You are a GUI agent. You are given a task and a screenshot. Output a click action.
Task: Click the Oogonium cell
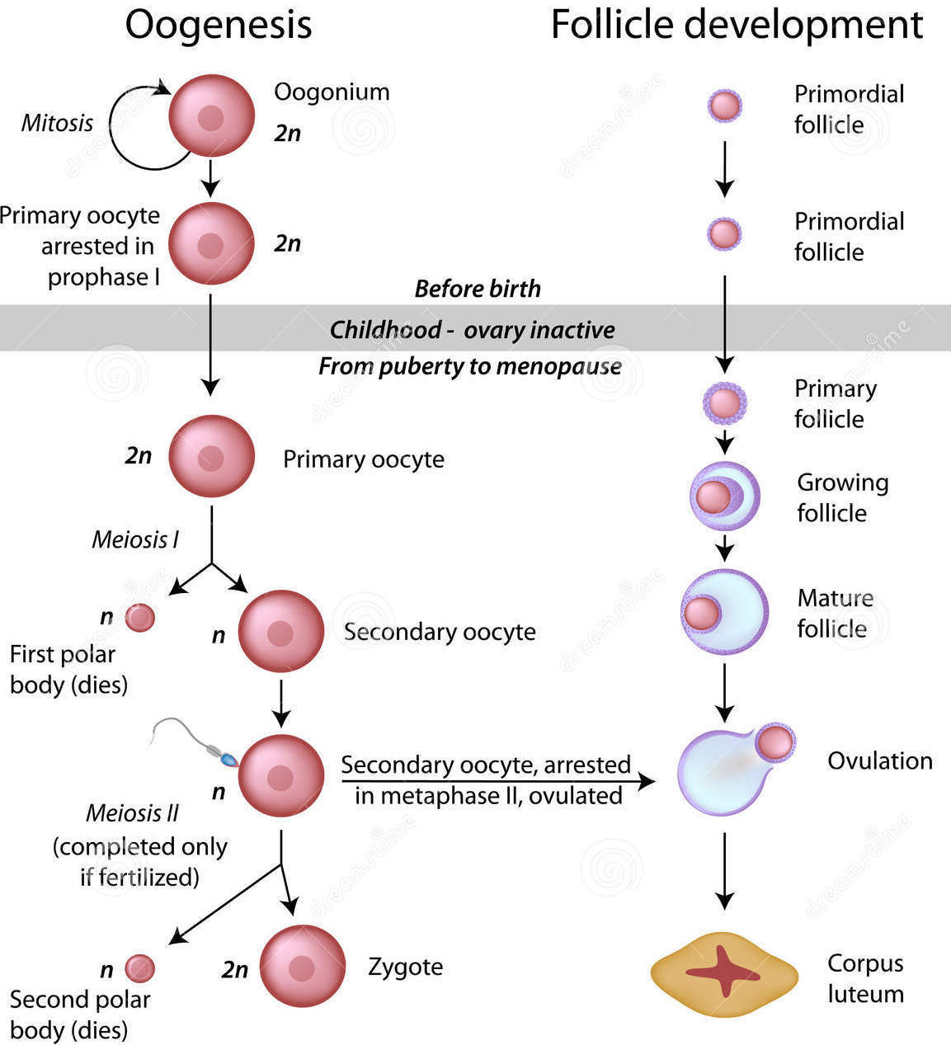point(211,116)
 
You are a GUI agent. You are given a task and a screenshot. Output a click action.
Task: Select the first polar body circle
point(139,617)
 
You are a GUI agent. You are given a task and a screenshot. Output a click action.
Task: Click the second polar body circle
point(139,969)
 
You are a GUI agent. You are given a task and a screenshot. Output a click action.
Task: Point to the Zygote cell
point(302,967)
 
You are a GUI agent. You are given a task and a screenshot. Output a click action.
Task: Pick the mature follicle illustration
point(723,612)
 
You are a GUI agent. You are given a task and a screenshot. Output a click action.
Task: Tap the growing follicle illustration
point(723,496)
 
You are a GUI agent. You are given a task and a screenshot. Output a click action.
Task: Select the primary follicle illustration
point(724,403)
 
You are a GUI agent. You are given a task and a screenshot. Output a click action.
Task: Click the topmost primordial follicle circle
point(725,106)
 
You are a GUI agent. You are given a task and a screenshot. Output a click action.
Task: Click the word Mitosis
point(57,123)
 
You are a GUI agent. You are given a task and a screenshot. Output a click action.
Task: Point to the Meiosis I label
point(134,539)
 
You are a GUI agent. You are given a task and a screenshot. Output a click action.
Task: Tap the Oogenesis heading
point(219,25)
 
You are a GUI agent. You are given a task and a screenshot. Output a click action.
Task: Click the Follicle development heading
point(736,25)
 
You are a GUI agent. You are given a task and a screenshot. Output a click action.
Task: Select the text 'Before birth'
point(478,289)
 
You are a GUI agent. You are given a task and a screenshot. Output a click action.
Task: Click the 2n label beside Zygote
point(234,969)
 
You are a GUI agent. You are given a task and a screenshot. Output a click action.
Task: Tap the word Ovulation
point(879,760)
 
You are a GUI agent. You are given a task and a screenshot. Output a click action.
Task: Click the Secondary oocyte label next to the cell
point(440,632)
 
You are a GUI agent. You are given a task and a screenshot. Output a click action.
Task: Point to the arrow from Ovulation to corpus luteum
point(724,870)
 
